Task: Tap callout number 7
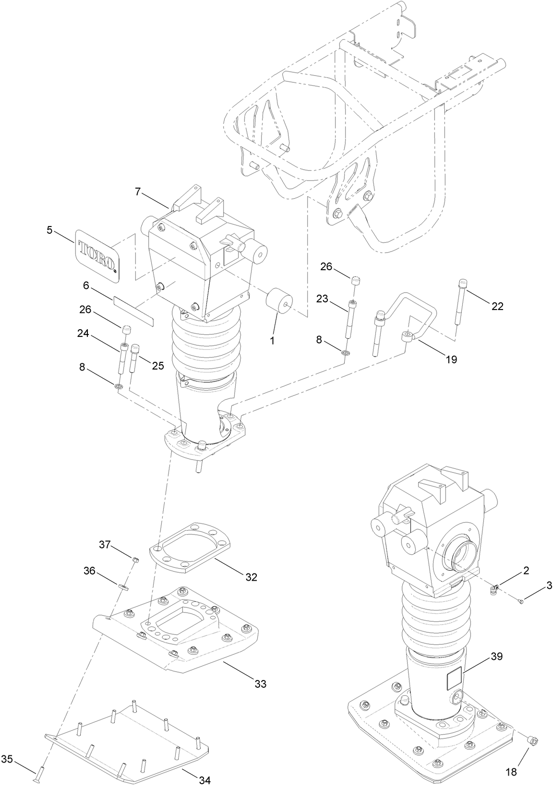[x=138, y=192]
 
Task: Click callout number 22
[x=497, y=306]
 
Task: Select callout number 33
[x=260, y=684]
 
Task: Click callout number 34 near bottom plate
[x=204, y=780]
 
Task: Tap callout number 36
[x=90, y=571]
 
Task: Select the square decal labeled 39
[x=454, y=680]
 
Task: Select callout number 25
[x=158, y=366]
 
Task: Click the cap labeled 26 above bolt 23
[x=356, y=280]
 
